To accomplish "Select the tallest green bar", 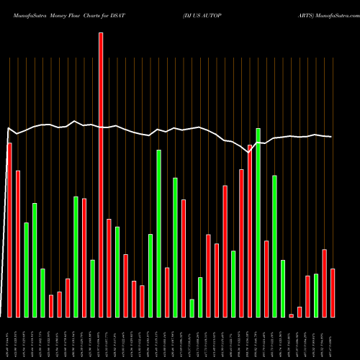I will (258, 222).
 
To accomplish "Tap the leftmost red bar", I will (9, 230).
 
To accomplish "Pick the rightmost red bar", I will (333, 292).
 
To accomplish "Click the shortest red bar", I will (292, 315).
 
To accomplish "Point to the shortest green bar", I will (192, 308).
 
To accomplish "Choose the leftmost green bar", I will (26, 269).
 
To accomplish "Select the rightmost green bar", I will (316, 295).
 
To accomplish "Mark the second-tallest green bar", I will (159, 233).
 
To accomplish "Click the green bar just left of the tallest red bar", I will (92, 288).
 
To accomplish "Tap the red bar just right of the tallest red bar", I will (109, 268).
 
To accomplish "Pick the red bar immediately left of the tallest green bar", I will (250, 230).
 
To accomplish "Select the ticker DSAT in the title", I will (137, 6).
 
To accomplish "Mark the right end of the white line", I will (331, 137).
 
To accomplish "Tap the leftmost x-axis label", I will (9, 340).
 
